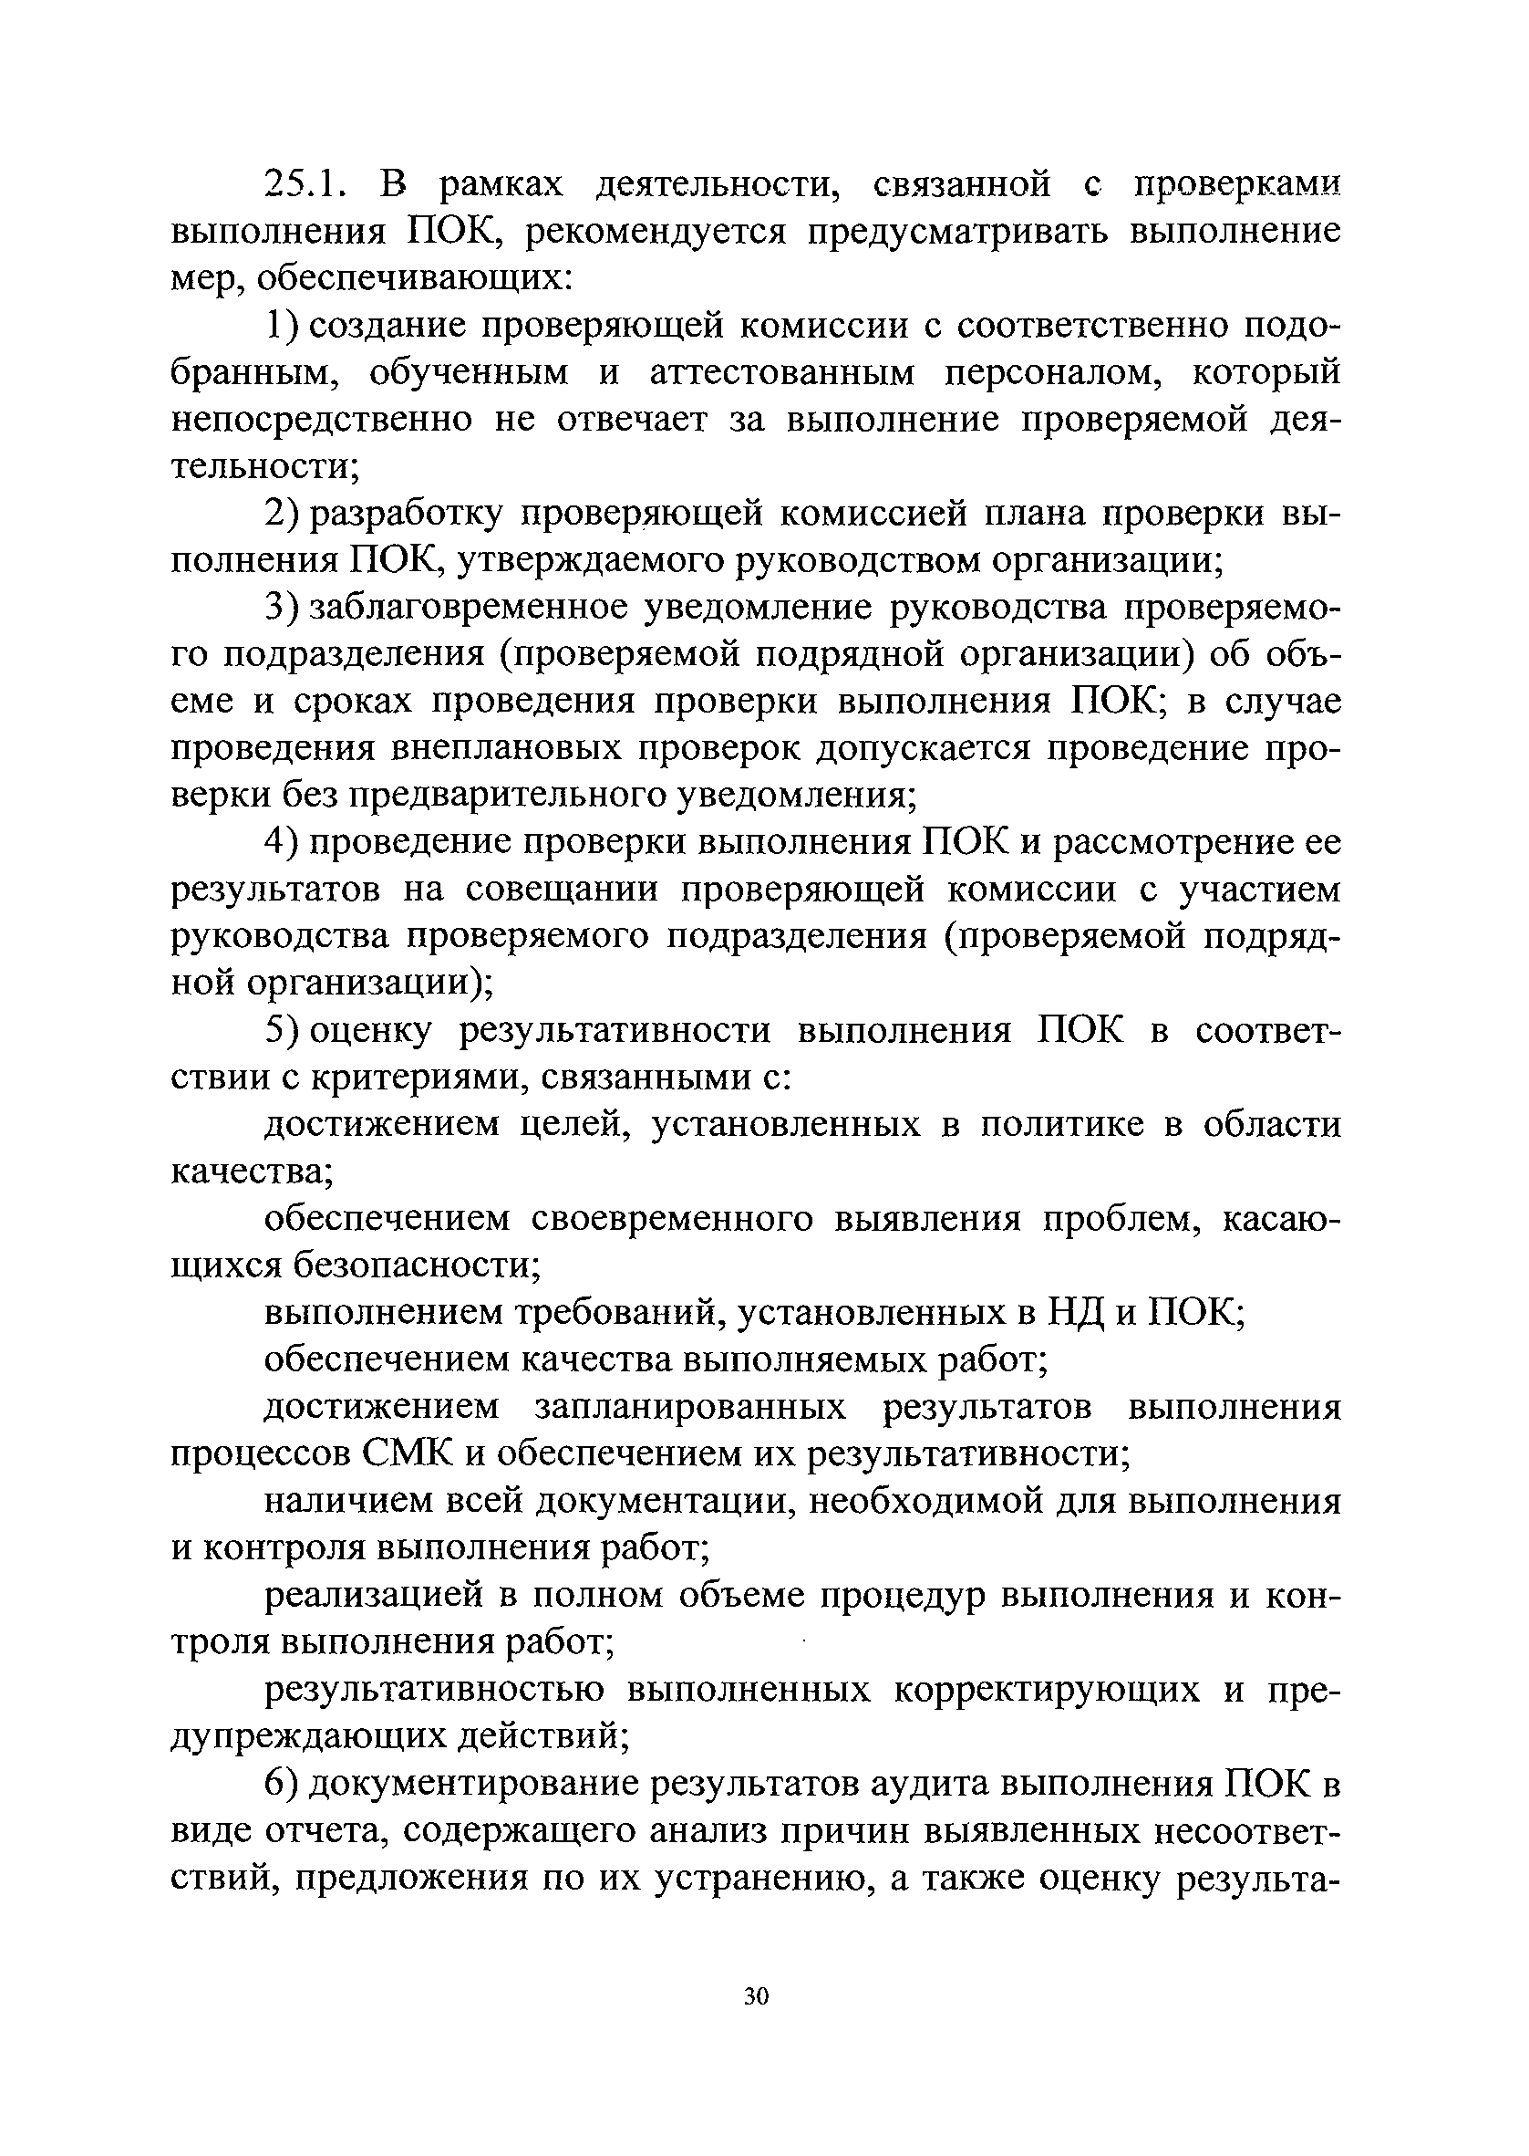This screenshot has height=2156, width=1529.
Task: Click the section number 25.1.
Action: (308, 185)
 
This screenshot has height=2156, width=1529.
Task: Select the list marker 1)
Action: (282, 327)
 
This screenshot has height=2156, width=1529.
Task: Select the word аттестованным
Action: (782, 374)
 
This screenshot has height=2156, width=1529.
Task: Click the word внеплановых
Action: (509, 750)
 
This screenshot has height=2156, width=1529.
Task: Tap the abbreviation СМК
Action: (407, 1454)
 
